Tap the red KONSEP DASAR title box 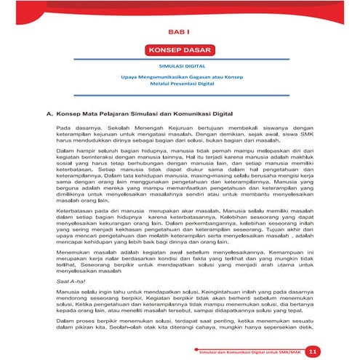pyautogui.click(x=178, y=51)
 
